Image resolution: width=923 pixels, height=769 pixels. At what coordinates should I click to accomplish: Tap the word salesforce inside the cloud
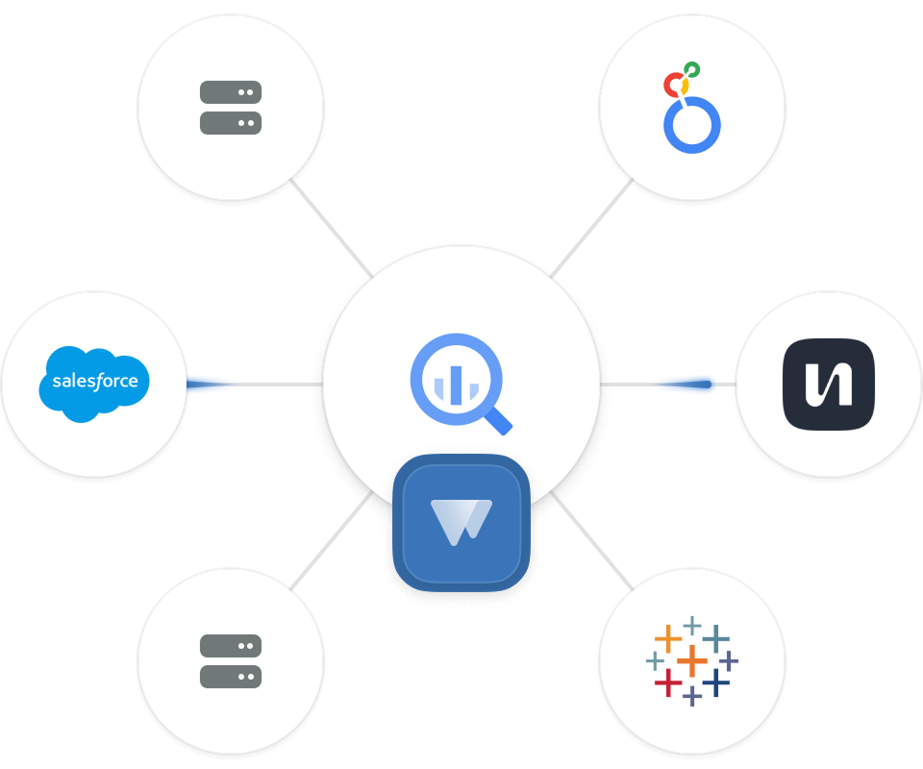pos(94,381)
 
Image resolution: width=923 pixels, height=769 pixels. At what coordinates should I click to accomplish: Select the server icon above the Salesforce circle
pos(231,107)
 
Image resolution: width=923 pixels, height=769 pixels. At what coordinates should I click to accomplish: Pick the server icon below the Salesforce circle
pos(231,660)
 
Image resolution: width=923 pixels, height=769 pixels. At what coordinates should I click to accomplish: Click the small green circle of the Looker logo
pos(691,70)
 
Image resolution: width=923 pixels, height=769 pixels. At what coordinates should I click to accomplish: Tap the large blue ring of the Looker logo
pos(692,125)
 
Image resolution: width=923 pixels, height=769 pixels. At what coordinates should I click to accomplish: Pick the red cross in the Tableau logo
pos(667,682)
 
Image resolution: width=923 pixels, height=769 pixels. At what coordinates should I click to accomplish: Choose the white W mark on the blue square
pos(461,520)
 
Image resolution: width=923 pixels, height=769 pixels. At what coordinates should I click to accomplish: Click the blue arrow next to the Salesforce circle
pos(213,384)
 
